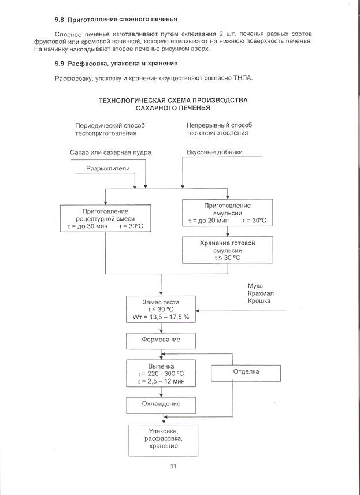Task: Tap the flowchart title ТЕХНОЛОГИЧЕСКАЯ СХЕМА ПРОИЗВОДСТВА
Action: [x=173, y=100]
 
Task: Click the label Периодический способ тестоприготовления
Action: [x=110, y=129]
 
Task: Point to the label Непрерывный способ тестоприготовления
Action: [x=219, y=129]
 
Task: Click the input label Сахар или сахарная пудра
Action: [x=110, y=152]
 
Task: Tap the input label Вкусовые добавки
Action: [x=214, y=152]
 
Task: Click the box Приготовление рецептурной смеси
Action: [x=105, y=219]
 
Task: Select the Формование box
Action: [x=161, y=340]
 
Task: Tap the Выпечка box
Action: [x=161, y=374]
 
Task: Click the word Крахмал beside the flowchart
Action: [x=259, y=293]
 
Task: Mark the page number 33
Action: [x=173, y=467]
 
